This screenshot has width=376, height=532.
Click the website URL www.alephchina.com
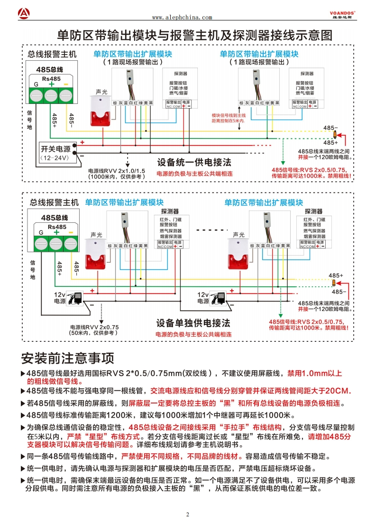click(x=182, y=18)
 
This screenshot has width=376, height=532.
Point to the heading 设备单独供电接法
click(x=193, y=323)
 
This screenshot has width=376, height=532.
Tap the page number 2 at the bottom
click(x=188, y=514)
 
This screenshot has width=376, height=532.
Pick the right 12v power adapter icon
click(x=219, y=298)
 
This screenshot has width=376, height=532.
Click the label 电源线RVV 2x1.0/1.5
click(x=117, y=170)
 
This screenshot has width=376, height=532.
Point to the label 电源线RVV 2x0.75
click(x=94, y=327)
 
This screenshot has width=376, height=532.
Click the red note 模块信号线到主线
click(x=228, y=115)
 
